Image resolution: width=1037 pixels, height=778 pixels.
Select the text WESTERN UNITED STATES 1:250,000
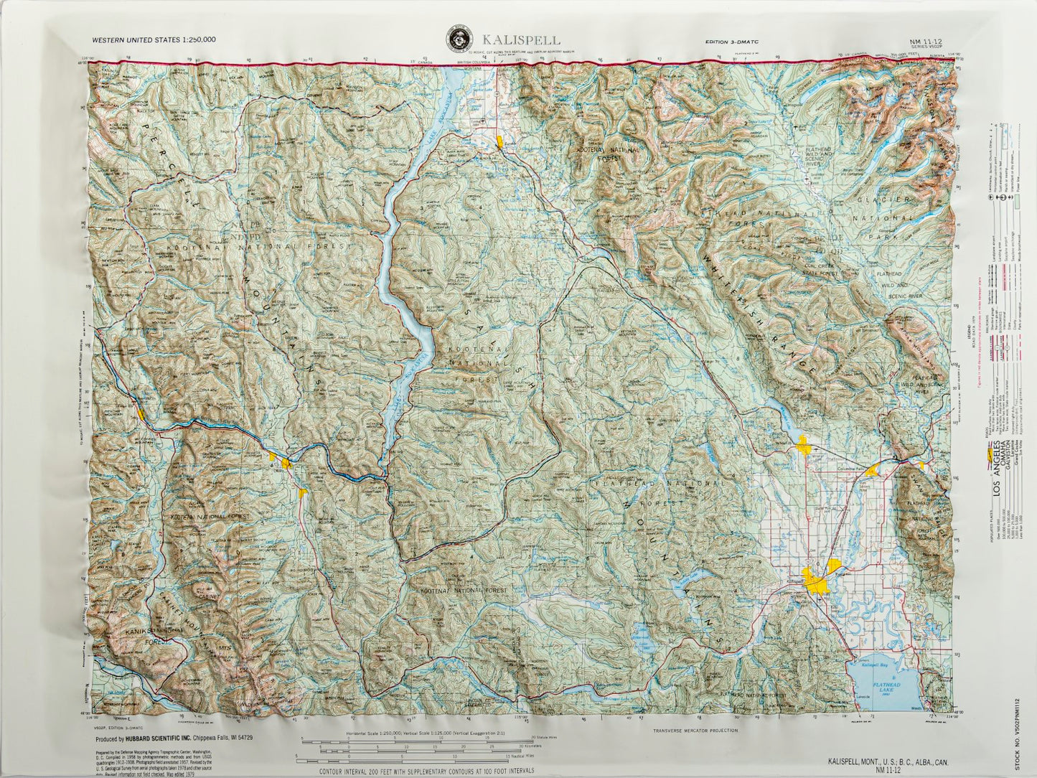154,40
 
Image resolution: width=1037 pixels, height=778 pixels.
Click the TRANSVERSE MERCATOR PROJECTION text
695,731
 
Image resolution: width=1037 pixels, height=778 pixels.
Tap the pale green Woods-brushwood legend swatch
1018,200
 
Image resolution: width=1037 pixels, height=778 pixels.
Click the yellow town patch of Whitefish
803,446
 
